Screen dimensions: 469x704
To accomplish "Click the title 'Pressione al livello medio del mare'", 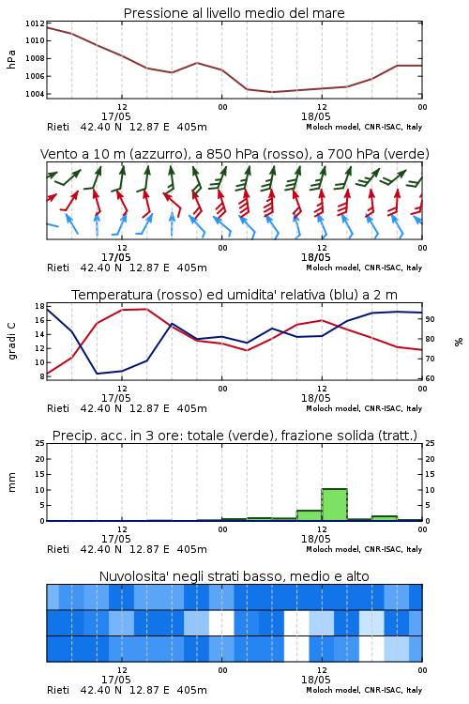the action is coord(234,13).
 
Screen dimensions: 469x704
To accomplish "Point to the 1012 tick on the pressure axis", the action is coord(35,23).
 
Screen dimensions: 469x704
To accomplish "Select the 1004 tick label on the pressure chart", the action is coord(35,94).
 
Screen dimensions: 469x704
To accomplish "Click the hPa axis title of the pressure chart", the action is coord(11,59).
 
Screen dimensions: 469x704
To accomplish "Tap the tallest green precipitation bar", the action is coord(334,505).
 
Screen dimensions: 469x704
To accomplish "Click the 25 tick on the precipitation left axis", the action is coord(40,443).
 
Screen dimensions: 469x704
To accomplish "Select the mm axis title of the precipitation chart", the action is coord(11,482).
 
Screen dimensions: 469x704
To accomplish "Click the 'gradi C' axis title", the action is coord(11,342).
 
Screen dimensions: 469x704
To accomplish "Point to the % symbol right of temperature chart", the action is coord(459,342).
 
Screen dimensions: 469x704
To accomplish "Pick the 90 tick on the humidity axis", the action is coord(430,319).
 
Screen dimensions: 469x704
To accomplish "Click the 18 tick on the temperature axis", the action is coord(39,306).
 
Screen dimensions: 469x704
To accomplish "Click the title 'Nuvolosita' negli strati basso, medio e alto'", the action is coord(234,576).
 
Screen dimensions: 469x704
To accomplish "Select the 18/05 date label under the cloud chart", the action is coord(315,680).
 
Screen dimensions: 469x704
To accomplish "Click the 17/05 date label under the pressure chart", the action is coord(115,116).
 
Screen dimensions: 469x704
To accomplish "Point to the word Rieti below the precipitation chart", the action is coord(58,549).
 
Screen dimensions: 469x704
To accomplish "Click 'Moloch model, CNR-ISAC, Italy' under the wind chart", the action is coord(364,268).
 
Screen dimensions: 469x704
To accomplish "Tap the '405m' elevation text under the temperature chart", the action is coord(191,408).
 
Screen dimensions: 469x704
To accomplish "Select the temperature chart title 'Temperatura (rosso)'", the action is coord(138,295).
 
